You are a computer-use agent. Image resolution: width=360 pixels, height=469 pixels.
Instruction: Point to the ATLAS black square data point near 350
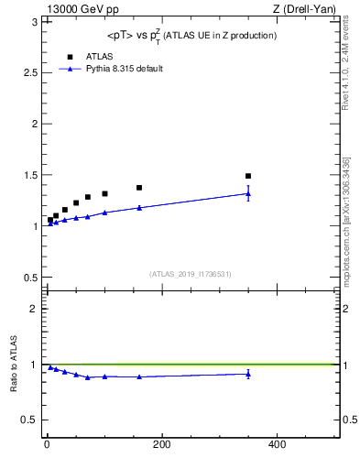(x=248, y=176)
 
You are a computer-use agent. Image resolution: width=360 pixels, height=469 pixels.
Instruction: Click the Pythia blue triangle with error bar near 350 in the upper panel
(x=248, y=193)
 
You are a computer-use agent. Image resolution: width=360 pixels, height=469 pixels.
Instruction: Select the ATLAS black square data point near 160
(x=139, y=188)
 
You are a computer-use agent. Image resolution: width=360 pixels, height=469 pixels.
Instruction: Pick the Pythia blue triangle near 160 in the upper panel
(x=139, y=208)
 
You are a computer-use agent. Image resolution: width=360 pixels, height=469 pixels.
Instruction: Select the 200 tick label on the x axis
(x=162, y=445)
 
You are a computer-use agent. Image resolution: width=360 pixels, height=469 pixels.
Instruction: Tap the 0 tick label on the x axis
(x=47, y=445)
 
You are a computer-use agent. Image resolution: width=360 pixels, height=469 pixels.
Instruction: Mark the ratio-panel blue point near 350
(x=248, y=374)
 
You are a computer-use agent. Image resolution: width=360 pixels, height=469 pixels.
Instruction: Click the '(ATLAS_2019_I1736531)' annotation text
(x=191, y=274)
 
